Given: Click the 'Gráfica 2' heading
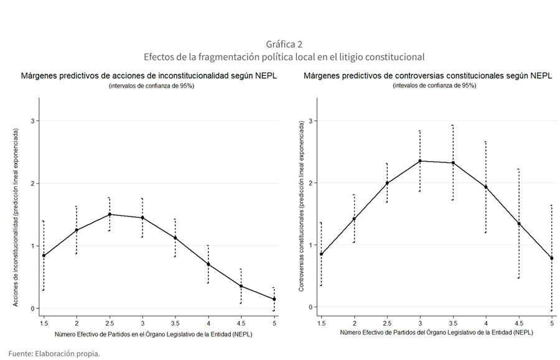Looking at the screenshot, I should [284, 44].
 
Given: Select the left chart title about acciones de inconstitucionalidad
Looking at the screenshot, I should [149, 76].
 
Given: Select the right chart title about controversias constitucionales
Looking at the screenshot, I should [428, 76].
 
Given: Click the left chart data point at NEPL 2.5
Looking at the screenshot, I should [110, 215].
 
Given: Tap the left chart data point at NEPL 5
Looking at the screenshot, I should [274, 299].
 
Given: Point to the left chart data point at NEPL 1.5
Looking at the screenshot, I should [44, 256].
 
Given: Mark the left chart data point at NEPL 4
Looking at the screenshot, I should [208, 264].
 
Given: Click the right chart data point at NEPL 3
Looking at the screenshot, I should [420, 161].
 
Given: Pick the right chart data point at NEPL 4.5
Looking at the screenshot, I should [519, 224].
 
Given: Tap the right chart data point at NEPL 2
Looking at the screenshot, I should [354, 219].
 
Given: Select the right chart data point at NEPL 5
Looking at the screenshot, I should [552, 258].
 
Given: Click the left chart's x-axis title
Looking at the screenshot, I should [153, 334].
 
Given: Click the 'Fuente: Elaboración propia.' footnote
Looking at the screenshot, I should [54, 353].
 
